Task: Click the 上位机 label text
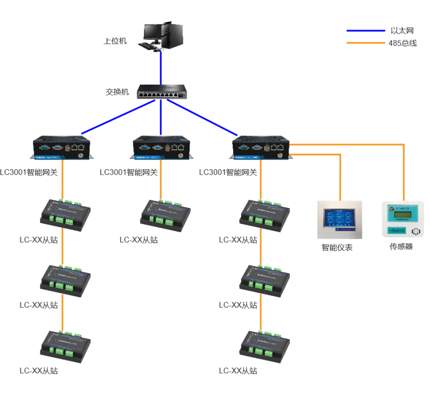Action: point(115,40)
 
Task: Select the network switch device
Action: point(161,92)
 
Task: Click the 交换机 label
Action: point(117,92)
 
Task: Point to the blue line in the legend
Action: point(365,31)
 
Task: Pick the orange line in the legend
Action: point(365,43)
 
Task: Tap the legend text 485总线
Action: point(402,43)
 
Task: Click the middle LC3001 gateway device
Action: point(161,148)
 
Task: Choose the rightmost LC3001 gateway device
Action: point(261,148)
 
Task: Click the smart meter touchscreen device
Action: point(339,220)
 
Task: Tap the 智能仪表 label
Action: point(337,248)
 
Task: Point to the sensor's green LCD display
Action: point(403,215)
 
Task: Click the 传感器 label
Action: point(401,247)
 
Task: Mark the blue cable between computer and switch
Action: point(161,67)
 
